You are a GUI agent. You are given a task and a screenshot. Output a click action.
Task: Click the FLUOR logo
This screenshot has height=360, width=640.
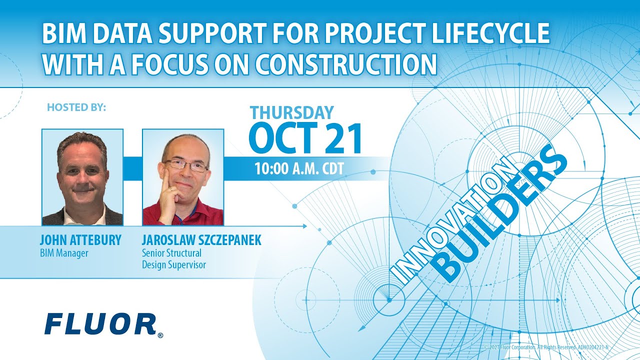click(x=100, y=324)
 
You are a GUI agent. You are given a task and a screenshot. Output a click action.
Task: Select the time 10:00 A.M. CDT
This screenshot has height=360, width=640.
click(x=299, y=168)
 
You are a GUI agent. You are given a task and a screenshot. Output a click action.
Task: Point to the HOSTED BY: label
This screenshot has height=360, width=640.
click(x=76, y=107)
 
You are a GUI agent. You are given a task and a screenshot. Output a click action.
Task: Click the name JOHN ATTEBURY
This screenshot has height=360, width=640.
click(x=80, y=240)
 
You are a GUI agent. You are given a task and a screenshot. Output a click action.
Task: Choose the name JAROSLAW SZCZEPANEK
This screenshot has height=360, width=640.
click(x=201, y=240)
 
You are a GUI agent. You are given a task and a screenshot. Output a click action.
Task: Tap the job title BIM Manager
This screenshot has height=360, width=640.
click(x=64, y=253)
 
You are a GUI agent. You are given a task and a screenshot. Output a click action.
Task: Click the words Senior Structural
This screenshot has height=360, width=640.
click(x=171, y=253)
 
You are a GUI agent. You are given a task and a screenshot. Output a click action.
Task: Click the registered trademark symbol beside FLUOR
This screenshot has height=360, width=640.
click(x=160, y=335)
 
